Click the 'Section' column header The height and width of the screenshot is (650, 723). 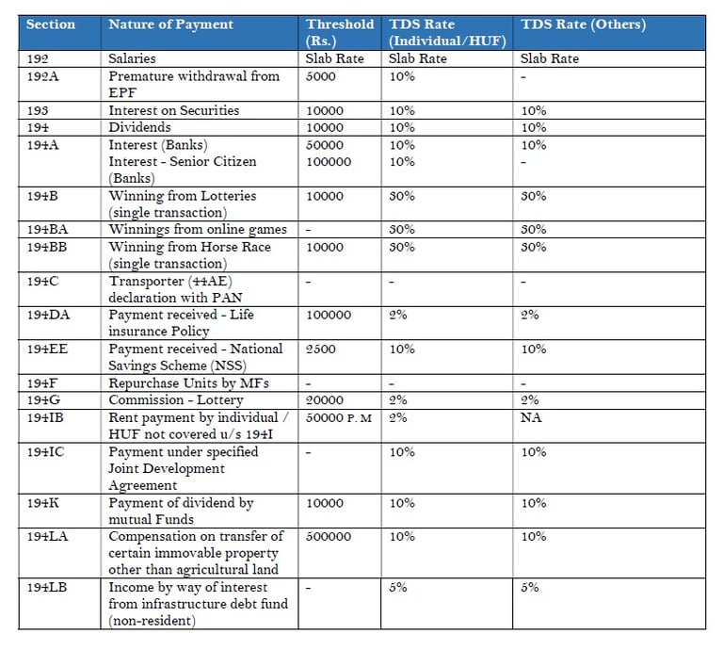[51, 24]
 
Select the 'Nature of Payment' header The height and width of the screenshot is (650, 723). [170, 24]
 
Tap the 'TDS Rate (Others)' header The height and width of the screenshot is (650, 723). [584, 24]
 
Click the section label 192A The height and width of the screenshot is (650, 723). [43, 76]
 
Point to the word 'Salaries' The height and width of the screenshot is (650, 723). [132, 58]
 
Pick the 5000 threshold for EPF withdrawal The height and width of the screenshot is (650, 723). [320, 76]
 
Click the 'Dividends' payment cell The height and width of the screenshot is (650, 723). [139, 127]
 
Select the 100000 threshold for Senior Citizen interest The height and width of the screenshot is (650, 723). [329, 162]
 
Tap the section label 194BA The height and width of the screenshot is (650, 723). [47, 229]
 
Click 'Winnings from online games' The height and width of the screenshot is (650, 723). [198, 229]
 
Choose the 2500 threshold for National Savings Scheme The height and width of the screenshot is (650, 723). [320, 349]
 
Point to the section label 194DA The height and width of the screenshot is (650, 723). [48, 315]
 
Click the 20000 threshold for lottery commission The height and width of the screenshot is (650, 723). [325, 400]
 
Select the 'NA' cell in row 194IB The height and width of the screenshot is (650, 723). [531, 417]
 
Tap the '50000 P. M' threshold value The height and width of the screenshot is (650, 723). [339, 418]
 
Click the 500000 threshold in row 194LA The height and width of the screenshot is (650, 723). [329, 537]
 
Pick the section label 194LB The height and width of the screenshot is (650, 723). [47, 587]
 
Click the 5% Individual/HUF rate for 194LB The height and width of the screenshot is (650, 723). [398, 587]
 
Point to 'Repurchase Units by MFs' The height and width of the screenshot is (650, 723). [188, 383]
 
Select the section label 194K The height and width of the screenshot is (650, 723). [43, 503]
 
